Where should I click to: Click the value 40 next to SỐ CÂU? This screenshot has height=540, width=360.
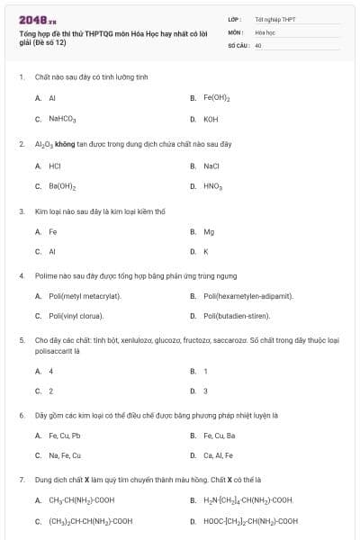point(258,44)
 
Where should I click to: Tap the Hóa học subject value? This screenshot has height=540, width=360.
point(265,31)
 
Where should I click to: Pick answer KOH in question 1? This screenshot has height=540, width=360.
point(211,119)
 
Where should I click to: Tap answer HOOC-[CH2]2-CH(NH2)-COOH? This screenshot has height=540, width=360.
point(251,521)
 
